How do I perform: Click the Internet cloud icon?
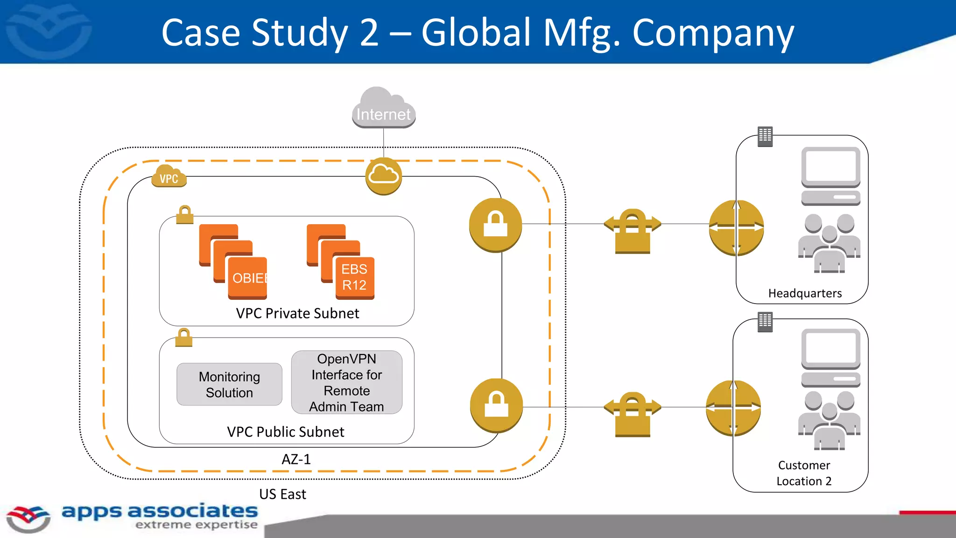[x=383, y=108]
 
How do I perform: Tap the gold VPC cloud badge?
[x=169, y=177]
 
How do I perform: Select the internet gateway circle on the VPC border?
[x=383, y=176]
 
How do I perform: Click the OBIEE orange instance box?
[x=248, y=277]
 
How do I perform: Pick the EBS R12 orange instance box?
[x=355, y=277]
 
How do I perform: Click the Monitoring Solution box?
[x=229, y=384]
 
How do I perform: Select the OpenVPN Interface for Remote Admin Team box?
[x=346, y=382]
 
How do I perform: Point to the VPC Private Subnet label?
[x=297, y=313]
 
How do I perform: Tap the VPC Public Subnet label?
[x=285, y=432]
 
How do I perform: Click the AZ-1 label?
[x=296, y=460]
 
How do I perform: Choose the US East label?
[x=282, y=494]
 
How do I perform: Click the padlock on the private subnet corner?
[x=185, y=215]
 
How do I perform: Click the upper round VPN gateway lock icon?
[x=495, y=225]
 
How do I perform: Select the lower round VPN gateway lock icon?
[x=496, y=405]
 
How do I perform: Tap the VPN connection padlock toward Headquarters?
[x=633, y=231]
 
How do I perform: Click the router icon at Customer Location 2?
[x=733, y=408]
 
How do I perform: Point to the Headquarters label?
[x=805, y=293]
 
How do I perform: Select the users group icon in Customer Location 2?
[x=829, y=420]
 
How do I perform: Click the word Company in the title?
[x=713, y=34]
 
